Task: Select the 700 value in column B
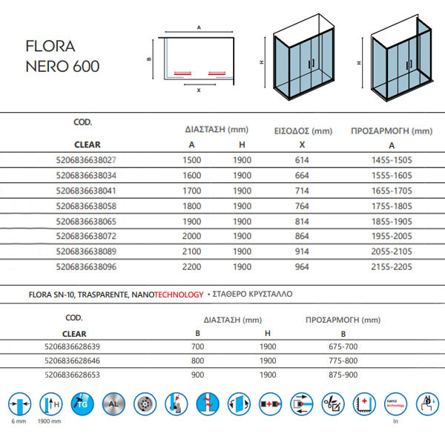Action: click(x=197, y=347)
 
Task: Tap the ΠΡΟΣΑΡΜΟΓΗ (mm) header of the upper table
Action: click(x=391, y=131)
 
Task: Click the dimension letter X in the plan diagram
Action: click(x=198, y=90)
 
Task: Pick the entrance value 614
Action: click(x=300, y=159)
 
